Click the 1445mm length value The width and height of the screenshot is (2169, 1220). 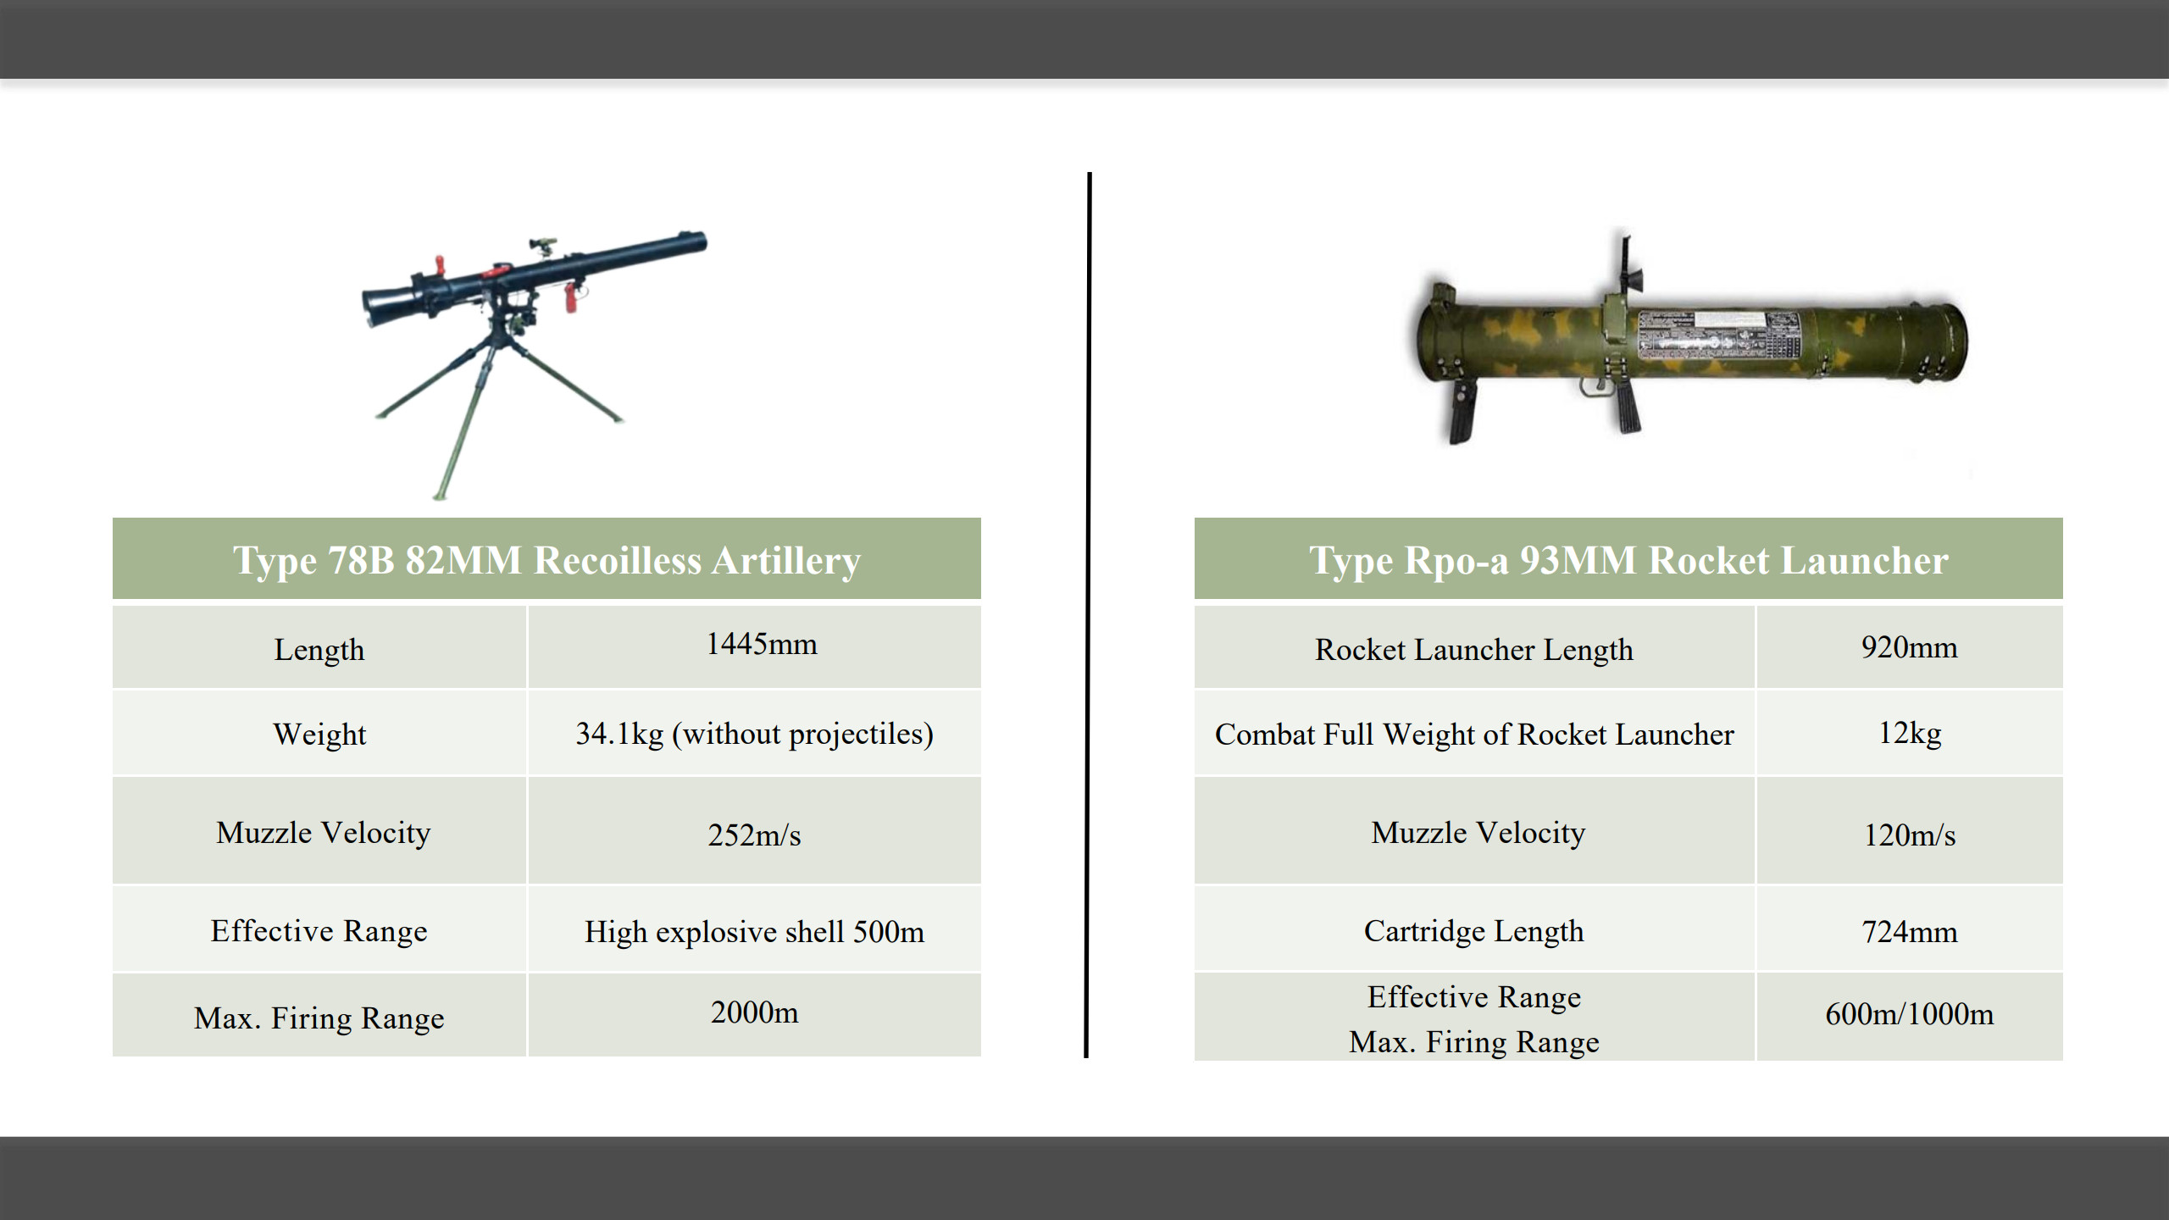click(x=762, y=645)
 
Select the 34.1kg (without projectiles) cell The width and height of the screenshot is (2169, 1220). click(x=754, y=734)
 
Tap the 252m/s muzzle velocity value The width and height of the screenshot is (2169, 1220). click(x=754, y=835)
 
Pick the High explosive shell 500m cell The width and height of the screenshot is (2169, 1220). click(x=754, y=932)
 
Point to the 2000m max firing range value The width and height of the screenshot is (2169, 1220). click(x=754, y=1012)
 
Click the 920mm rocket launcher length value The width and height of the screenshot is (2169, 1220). click(x=1909, y=648)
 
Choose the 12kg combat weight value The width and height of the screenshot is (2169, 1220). click(x=1910, y=733)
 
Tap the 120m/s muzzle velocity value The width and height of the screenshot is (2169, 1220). click(x=1910, y=835)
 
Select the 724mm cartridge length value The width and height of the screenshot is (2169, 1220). click(x=1910, y=932)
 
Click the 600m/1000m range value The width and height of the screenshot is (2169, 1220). click(x=1910, y=1014)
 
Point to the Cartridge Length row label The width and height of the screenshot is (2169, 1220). click(x=1473, y=932)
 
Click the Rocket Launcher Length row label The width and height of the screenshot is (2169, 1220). click(x=1473, y=650)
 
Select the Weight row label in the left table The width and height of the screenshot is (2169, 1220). click(x=319, y=735)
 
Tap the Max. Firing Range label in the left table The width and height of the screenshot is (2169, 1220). click(x=319, y=1018)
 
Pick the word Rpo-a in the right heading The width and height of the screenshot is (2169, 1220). click(x=1456, y=561)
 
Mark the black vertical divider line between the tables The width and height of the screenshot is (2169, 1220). click(x=1088, y=615)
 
